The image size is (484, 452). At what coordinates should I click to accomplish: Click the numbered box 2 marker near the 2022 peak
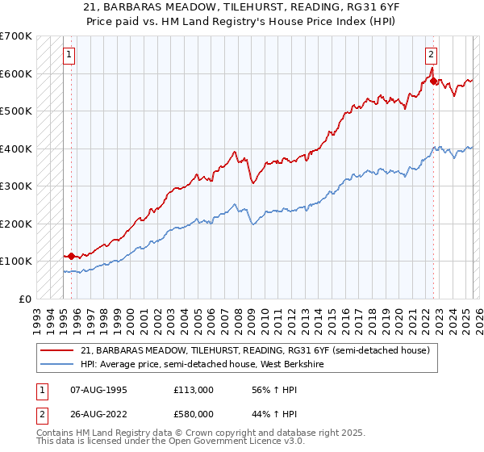pos(432,55)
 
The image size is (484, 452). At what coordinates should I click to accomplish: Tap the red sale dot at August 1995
pos(71,256)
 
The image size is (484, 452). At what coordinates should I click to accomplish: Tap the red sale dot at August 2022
pos(433,82)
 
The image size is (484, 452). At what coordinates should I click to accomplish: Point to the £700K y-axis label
pos(15,36)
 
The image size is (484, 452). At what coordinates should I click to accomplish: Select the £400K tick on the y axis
pos(15,149)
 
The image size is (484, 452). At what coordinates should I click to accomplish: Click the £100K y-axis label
pos(15,261)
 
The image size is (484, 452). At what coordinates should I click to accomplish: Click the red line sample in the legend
pos(56,350)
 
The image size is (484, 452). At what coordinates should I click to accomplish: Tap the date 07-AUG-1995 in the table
pos(97,390)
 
